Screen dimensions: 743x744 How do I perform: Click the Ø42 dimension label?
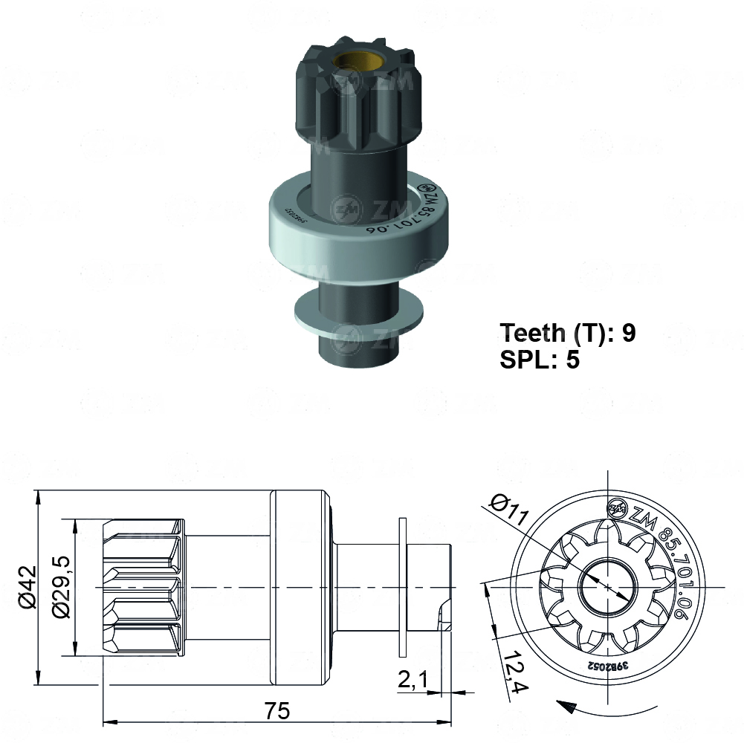click(25, 587)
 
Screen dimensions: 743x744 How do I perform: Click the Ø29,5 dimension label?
click(61, 587)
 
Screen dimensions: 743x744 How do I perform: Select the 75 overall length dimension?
click(276, 710)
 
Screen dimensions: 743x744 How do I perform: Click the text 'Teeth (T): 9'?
click(567, 333)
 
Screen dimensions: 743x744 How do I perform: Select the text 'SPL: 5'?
click(539, 360)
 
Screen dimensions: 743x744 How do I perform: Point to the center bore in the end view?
click(608, 586)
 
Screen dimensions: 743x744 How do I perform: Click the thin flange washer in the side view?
click(403, 587)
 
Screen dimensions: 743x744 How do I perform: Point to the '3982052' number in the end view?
click(606, 667)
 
